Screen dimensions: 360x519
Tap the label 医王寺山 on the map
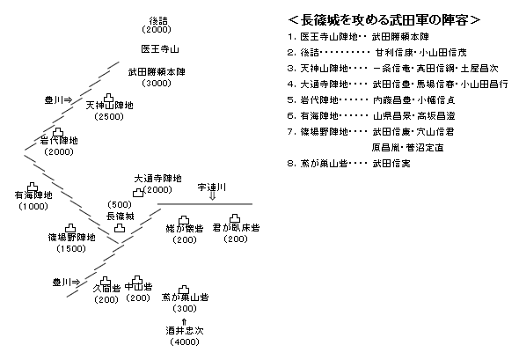click(160, 49)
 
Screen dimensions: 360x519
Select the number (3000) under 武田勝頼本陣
click(159, 84)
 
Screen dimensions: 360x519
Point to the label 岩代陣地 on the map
click(59, 140)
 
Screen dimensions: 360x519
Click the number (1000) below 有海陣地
click(33, 206)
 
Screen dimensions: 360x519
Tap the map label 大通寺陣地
click(157, 179)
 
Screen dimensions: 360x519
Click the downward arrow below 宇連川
click(212, 198)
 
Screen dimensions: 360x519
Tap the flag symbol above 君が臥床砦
click(236, 217)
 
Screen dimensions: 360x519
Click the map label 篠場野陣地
click(72, 237)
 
